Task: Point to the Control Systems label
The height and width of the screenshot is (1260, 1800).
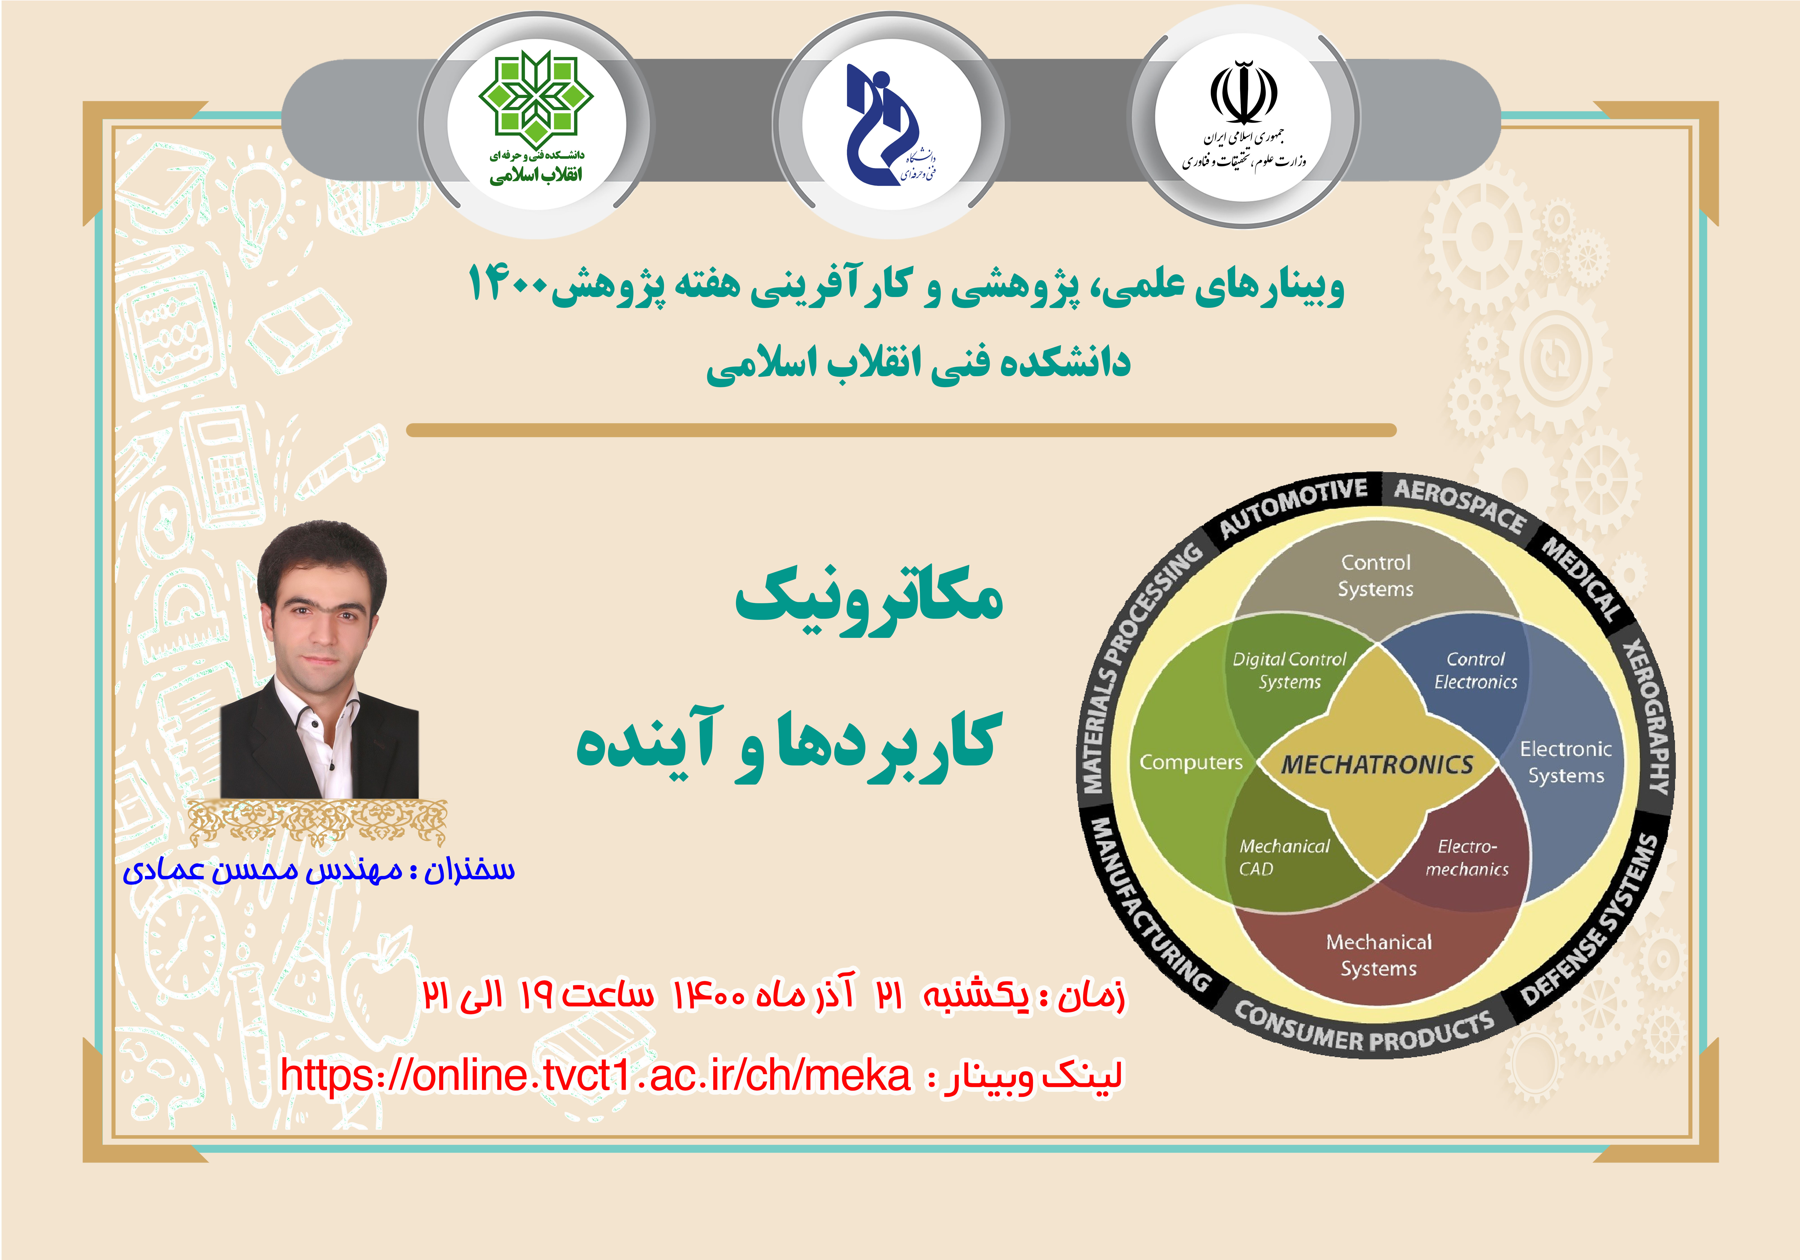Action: (x=1376, y=576)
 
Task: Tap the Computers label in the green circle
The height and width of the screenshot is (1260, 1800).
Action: (x=1191, y=762)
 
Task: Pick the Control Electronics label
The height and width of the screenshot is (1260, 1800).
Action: (x=1475, y=670)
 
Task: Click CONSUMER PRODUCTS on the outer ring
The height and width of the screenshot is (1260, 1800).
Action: (x=1364, y=1029)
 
